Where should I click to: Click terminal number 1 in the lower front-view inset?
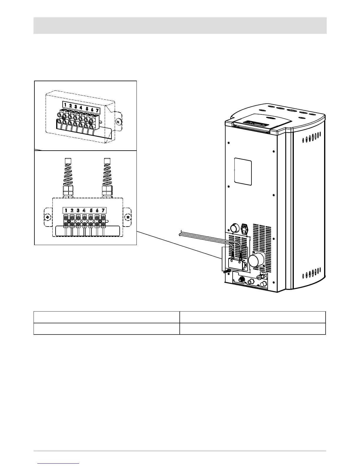66,210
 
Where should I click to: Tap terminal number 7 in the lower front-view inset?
103,210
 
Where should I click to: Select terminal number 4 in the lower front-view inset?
84,210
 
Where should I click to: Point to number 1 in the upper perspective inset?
65,104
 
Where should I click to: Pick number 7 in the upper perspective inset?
97,110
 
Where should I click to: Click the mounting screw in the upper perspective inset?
118,122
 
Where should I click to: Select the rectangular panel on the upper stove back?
243,172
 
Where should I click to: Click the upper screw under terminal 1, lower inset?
66,218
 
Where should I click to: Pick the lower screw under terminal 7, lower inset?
104,225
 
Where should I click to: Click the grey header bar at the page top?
180,26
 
